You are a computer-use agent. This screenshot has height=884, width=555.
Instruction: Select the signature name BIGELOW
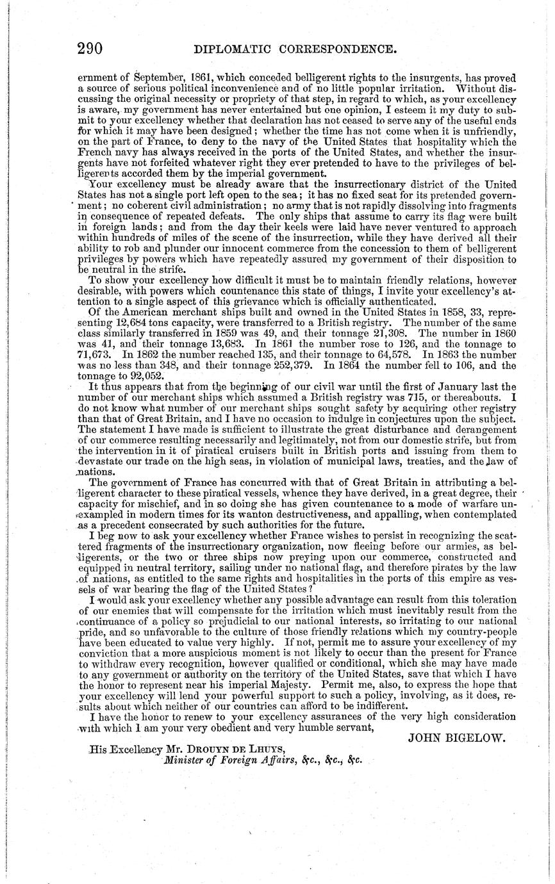coord(478,737)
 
